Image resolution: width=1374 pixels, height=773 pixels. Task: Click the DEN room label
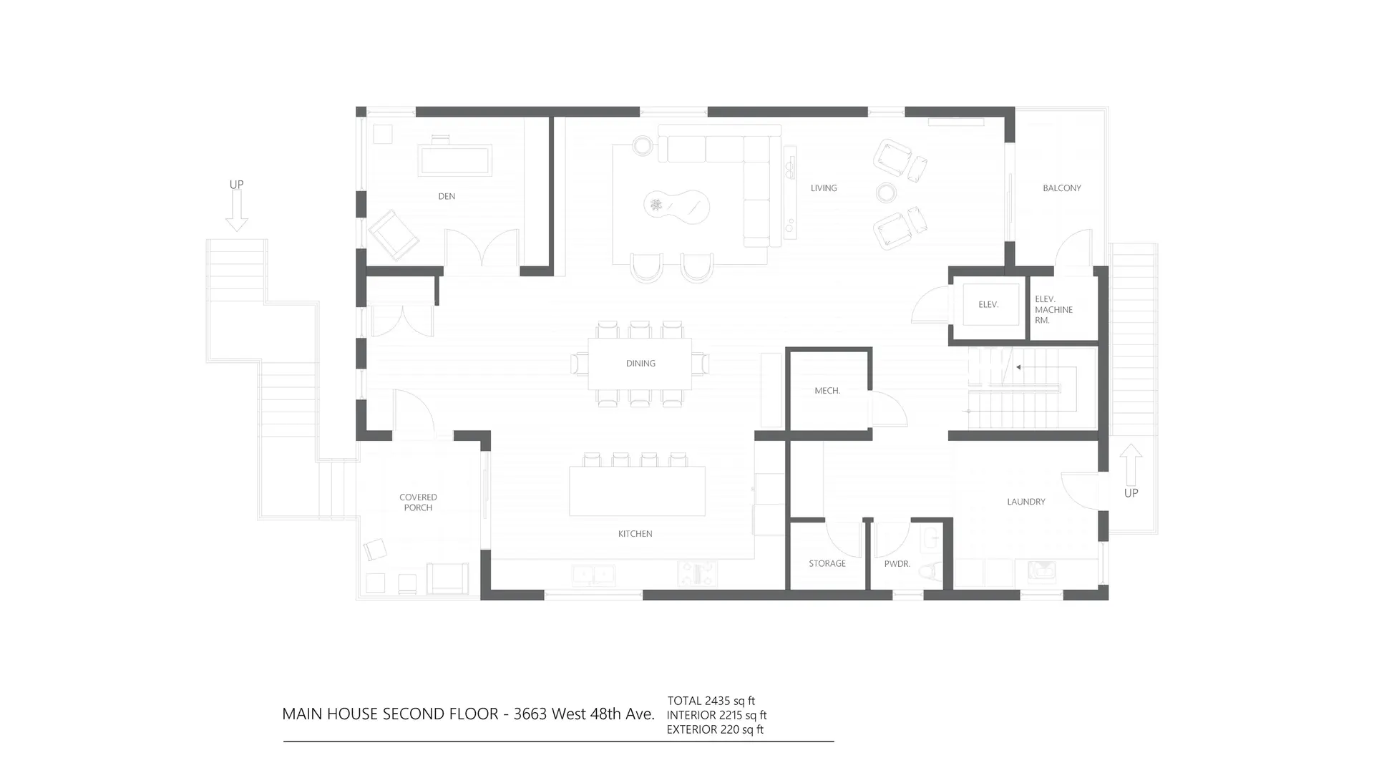pos(447,196)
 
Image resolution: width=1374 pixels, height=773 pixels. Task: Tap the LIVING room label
pos(824,188)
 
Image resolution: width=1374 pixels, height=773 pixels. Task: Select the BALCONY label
pos(1061,188)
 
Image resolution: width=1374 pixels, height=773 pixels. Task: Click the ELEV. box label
pos(988,305)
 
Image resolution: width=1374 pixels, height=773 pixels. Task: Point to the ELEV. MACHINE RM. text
pos(1053,310)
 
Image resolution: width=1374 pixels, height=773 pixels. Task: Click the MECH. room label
pos(827,391)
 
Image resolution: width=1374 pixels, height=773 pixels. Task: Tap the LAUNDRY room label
pos(1025,502)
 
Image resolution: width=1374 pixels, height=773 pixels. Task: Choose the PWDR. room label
pos(897,564)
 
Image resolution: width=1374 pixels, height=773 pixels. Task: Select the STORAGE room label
pos(827,564)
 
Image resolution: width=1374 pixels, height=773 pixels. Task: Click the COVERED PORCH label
pos(418,502)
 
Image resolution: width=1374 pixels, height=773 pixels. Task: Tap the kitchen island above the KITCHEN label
pos(637,491)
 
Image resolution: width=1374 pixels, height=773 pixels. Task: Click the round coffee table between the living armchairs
pos(886,193)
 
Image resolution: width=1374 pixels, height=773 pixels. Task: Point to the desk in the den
pos(455,160)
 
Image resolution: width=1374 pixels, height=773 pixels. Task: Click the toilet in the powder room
pos(930,571)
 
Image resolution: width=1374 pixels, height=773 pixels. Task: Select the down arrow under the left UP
pos(237,212)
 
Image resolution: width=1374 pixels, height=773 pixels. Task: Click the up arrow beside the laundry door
pos(1131,465)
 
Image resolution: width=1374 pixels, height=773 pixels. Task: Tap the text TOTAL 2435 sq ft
pos(711,701)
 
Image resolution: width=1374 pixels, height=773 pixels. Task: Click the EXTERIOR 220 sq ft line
pos(715,729)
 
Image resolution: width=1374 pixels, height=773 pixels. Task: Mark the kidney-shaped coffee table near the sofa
pos(676,206)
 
